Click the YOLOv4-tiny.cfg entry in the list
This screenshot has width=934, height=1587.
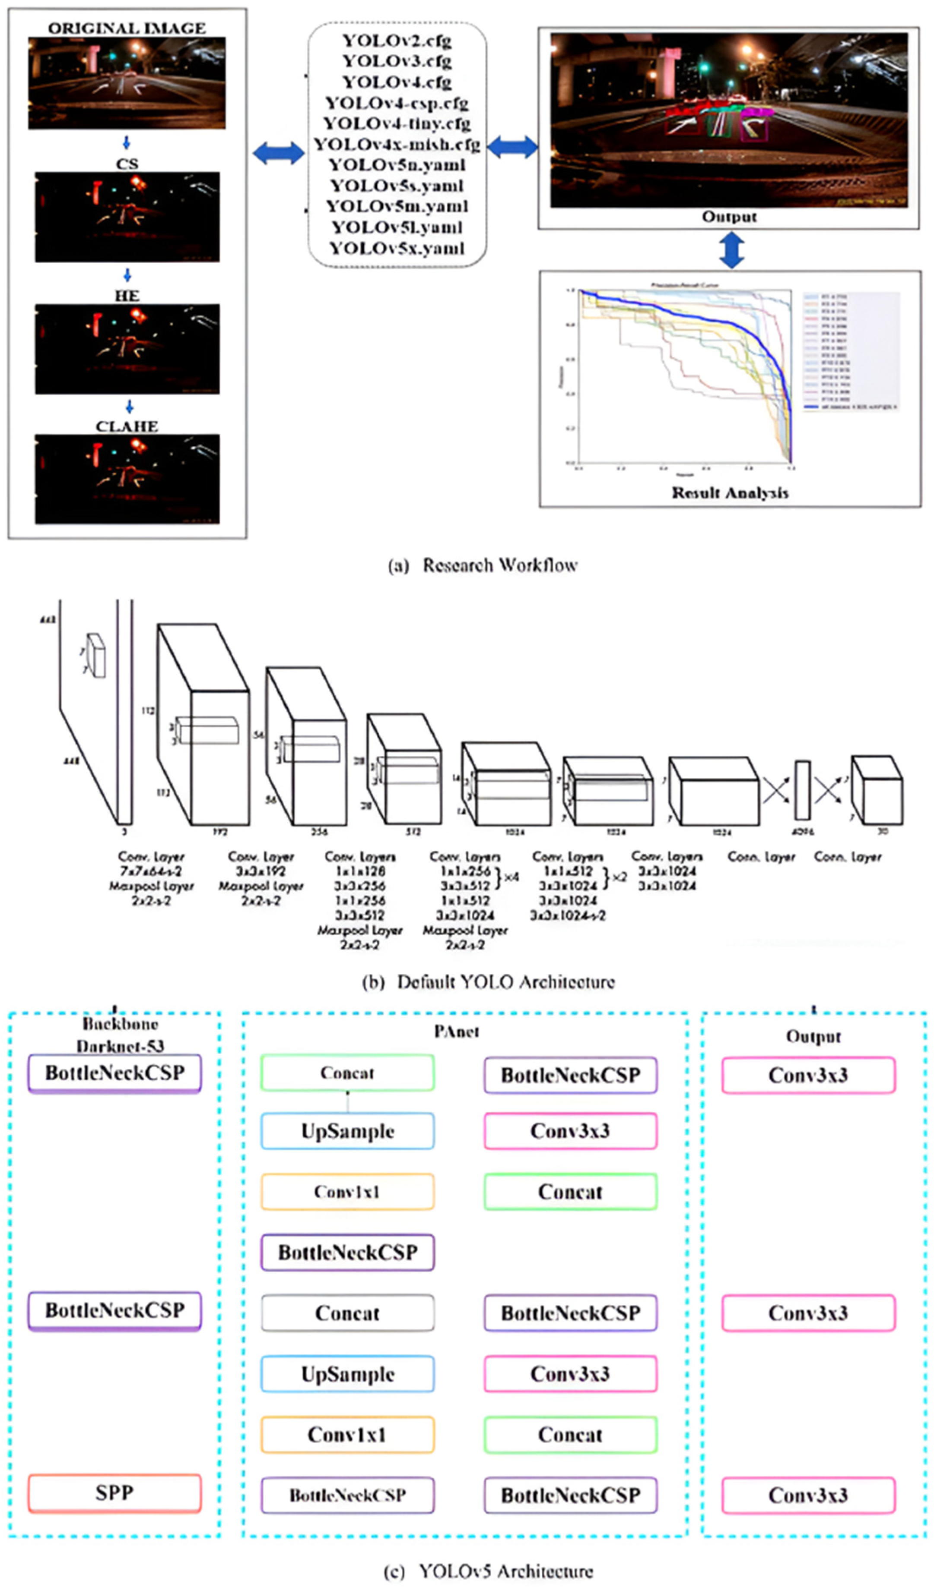coord(397,123)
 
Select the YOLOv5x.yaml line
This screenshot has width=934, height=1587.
coord(397,248)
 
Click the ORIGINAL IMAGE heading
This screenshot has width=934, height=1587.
coord(127,28)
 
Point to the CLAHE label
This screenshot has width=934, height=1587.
coord(127,426)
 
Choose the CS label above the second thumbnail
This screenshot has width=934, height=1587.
coord(127,164)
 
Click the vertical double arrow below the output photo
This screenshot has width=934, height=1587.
coord(732,250)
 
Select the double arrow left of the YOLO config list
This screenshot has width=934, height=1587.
coord(279,152)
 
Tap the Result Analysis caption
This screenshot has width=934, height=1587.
coord(730,492)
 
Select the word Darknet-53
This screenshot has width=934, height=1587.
coord(121,1046)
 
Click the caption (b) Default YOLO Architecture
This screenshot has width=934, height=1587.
coord(489,982)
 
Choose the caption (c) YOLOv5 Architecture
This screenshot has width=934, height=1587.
coord(489,1571)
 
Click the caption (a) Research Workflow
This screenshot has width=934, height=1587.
coord(483,565)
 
